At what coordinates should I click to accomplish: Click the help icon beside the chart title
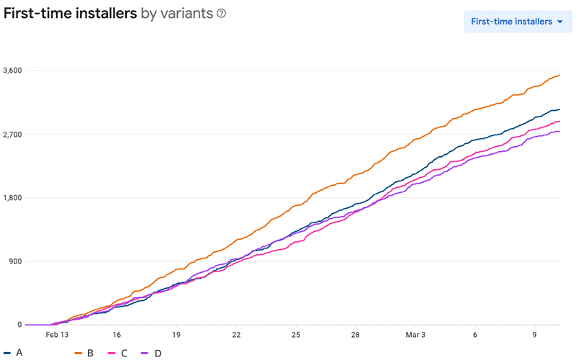coord(221,14)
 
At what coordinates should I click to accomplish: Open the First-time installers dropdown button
coord(517,22)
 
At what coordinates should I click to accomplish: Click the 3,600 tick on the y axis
coord(13,71)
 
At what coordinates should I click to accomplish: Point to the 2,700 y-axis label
coord(13,135)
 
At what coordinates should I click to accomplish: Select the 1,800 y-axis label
coord(13,198)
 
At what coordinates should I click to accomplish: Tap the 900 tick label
coord(15,261)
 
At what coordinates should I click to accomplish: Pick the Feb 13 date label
coord(57,336)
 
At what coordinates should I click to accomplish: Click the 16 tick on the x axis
coord(117,336)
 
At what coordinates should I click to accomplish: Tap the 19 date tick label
coord(176,336)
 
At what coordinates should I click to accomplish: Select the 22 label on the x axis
coord(236,336)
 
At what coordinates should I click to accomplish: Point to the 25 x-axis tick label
coord(296,336)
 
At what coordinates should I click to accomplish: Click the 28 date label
coord(356,336)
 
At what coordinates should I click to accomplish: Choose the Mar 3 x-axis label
coord(415,336)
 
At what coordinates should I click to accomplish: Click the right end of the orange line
coord(559,75)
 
